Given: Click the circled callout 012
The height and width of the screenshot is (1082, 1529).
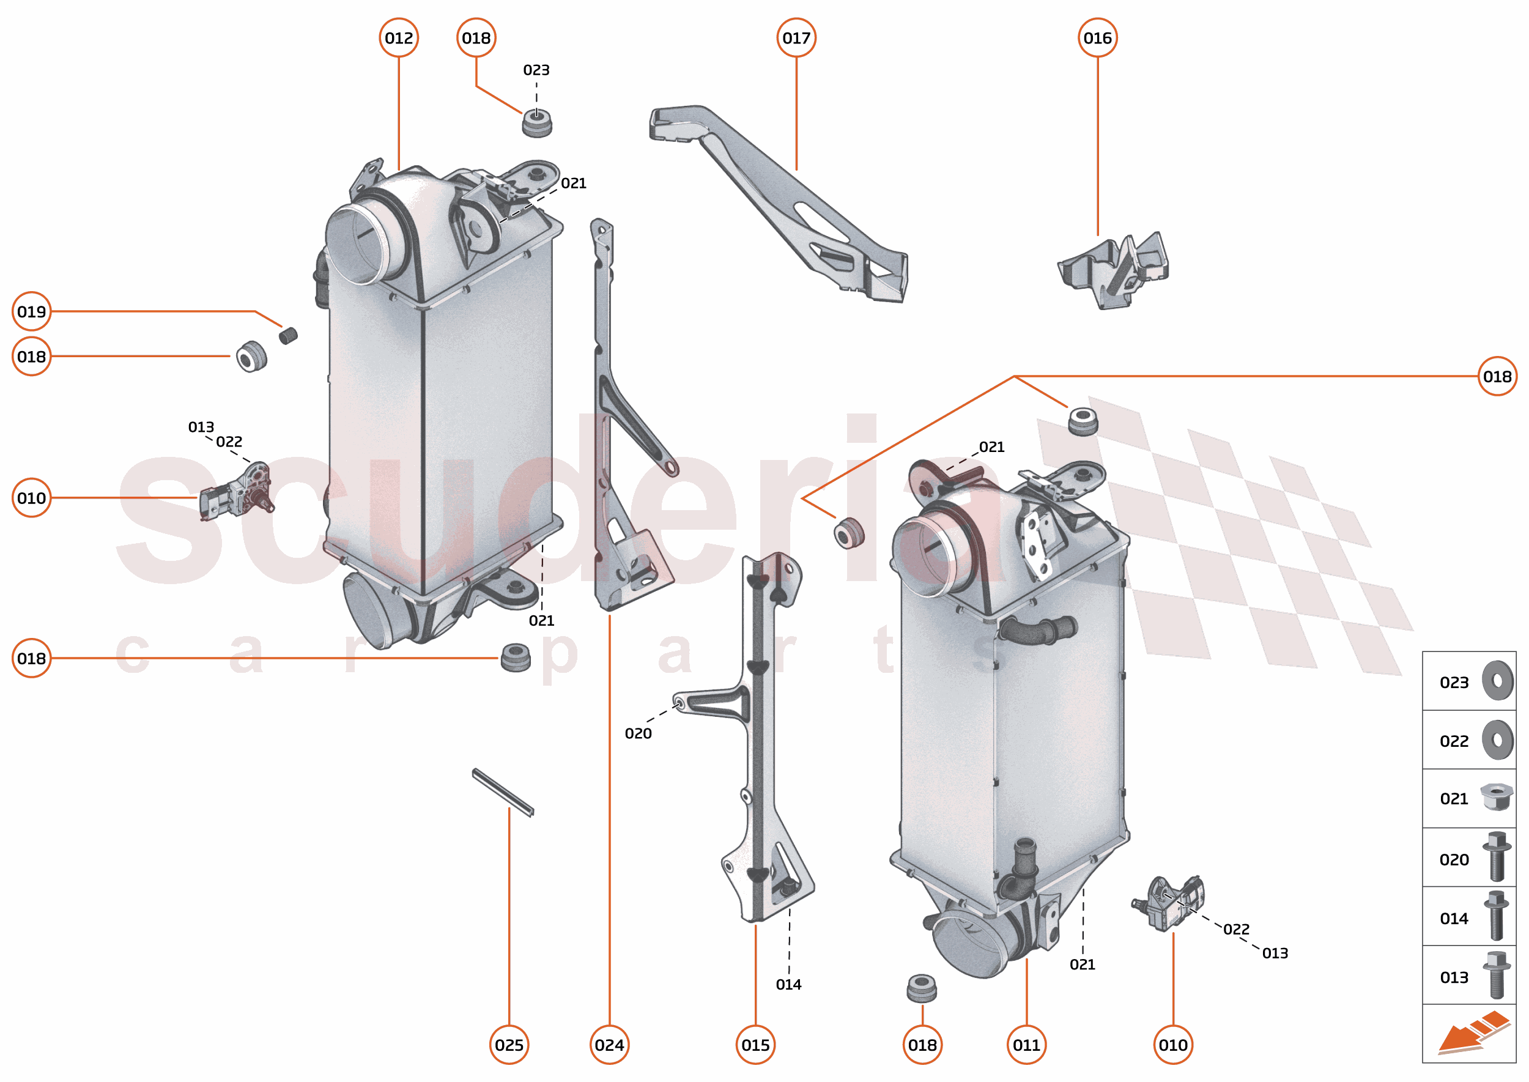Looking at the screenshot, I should [398, 38].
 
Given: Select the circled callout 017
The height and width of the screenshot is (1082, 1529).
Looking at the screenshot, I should [796, 38].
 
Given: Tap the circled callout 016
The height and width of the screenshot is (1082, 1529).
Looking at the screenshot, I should [1097, 38].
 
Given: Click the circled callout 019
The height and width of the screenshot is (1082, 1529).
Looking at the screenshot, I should [31, 311].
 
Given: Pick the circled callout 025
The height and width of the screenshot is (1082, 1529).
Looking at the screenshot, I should [509, 1045].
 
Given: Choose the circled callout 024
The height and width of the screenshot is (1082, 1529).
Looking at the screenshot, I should [609, 1045].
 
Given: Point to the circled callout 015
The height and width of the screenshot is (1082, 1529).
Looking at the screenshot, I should [755, 1045].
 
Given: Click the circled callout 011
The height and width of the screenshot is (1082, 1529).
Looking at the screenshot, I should [1026, 1045].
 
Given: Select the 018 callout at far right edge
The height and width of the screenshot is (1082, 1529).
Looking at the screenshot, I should [1497, 376].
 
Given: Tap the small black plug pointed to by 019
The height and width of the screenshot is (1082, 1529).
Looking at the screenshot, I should [288, 335].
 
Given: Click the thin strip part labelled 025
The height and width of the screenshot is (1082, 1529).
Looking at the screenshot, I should [503, 793].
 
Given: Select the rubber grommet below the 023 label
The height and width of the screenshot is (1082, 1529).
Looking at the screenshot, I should [536, 124].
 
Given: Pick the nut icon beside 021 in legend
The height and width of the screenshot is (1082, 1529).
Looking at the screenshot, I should [1496, 797].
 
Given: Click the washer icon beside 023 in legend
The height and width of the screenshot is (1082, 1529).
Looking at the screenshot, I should [1497, 681].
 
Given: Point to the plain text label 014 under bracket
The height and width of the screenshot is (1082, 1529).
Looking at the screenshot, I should [788, 984].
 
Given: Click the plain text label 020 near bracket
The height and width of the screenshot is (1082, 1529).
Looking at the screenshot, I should [637, 733].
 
